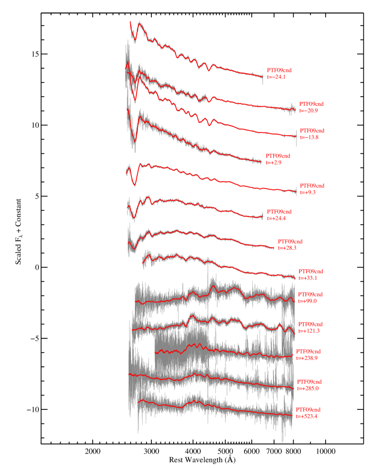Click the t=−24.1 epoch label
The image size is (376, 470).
coord(276,77)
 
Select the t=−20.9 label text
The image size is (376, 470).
coord(309,111)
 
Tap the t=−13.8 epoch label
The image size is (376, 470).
coord(309,137)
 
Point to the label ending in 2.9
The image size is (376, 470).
coord(274,162)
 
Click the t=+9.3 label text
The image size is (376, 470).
coord(308,192)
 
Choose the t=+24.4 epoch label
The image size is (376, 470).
coord(277,218)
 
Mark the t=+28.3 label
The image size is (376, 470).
coord(287,248)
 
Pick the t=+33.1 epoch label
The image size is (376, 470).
coord(308,278)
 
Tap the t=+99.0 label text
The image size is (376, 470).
coord(308,301)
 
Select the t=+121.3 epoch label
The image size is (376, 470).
coord(309,331)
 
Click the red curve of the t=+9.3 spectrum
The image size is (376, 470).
coord(218,181)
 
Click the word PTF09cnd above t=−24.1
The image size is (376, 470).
coord(279,70)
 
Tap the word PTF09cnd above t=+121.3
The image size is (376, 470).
coord(311,324)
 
